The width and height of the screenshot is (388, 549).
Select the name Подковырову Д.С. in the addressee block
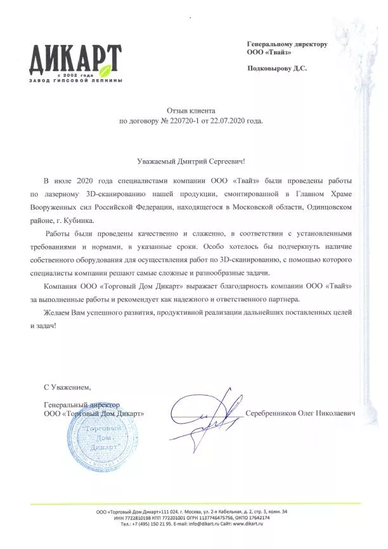(x=276, y=68)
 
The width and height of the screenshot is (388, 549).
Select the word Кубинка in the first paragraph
(x=77, y=220)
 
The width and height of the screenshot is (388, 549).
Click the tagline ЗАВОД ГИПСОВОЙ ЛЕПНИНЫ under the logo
(x=75, y=82)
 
